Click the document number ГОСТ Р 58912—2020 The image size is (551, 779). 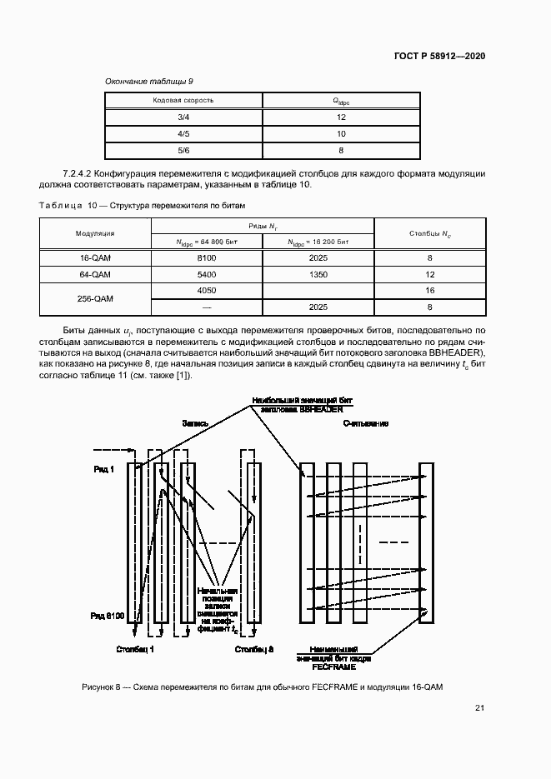[439, 56]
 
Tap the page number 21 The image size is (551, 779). [479, 708]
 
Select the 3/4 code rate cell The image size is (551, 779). [184, 117]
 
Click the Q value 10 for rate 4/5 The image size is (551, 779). [341, 134]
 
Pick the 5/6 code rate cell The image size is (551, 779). [184, 151]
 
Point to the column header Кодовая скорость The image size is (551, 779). [183, 100]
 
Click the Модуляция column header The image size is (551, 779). [95, 234]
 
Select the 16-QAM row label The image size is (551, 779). [95, 258]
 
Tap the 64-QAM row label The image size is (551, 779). [95, 274]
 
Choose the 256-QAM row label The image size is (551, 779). [95, 298]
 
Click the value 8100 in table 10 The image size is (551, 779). [207, 258]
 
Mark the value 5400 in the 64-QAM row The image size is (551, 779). [207, 274]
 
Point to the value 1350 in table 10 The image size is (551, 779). [318, 274]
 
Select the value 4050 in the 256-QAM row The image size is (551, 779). [207, 291]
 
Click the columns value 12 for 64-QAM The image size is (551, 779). [429, 274]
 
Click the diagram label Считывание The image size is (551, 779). [366, 423]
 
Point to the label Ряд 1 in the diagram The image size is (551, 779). [104, 470]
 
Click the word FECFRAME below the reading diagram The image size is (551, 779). [333, 667]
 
